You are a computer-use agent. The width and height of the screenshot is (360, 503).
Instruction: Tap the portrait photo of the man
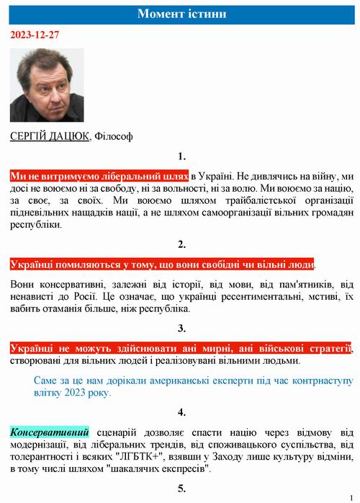pyautogui.click(x=47, y=85)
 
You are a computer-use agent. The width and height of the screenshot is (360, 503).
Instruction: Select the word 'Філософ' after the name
pyautogui.click(x=114, y=136)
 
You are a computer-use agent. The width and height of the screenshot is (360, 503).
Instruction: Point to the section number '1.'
pyautogui.click(x=181, y=156)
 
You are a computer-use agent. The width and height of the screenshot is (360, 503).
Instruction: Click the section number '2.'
pyautogui.click(x=181, y=243)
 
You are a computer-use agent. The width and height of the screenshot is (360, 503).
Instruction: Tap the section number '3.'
pyautogui.click(x=181, y=329)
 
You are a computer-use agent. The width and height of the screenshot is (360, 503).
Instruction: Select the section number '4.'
pyautogui.click(x=181, y=412)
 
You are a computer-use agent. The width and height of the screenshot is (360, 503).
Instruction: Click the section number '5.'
pyautogui.click(x=181, y=488)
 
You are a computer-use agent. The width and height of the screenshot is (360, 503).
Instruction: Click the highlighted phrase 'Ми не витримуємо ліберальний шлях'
pyautogui.click(x=100, y=176)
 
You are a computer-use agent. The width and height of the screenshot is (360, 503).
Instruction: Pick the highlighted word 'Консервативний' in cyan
pyautogui.click(x=50, y=432)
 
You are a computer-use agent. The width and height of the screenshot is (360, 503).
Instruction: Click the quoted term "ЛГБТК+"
pyautogui.click(x=157, y=457)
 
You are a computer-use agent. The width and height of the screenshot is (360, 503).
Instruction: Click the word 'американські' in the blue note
pyautogui.click(x=169, y=380)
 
